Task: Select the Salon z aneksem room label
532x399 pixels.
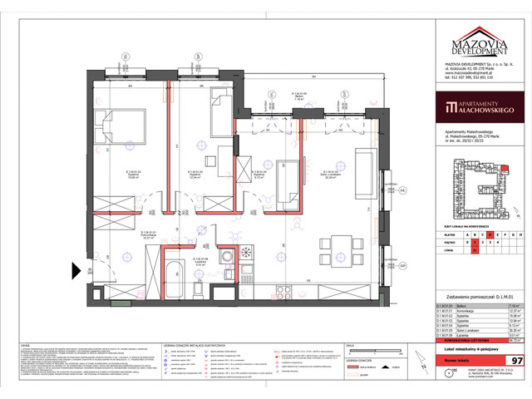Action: (x=306, y=176)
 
